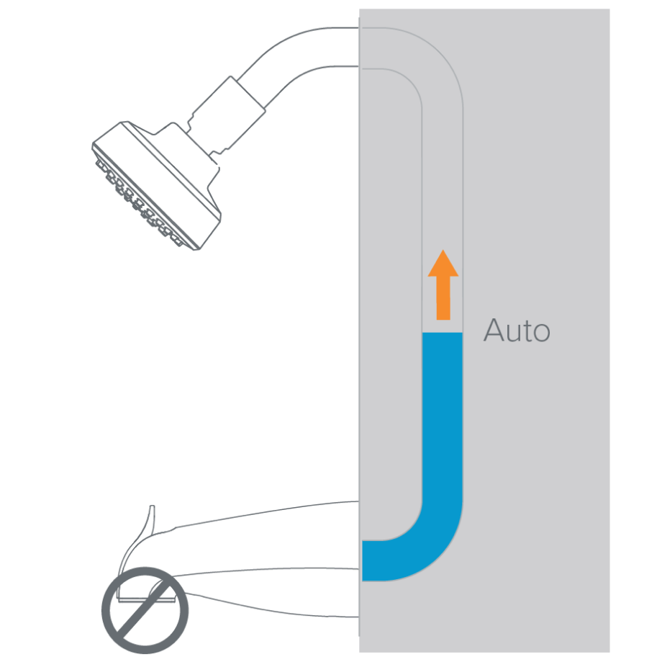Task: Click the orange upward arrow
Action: (443, 288)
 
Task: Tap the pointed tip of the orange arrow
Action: (443, 251)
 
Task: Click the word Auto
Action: (517, 331)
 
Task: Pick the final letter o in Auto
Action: (541, 333)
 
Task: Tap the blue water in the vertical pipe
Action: (442, 418)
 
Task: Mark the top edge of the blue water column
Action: (442, 333)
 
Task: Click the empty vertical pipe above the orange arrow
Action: (442, 180)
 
